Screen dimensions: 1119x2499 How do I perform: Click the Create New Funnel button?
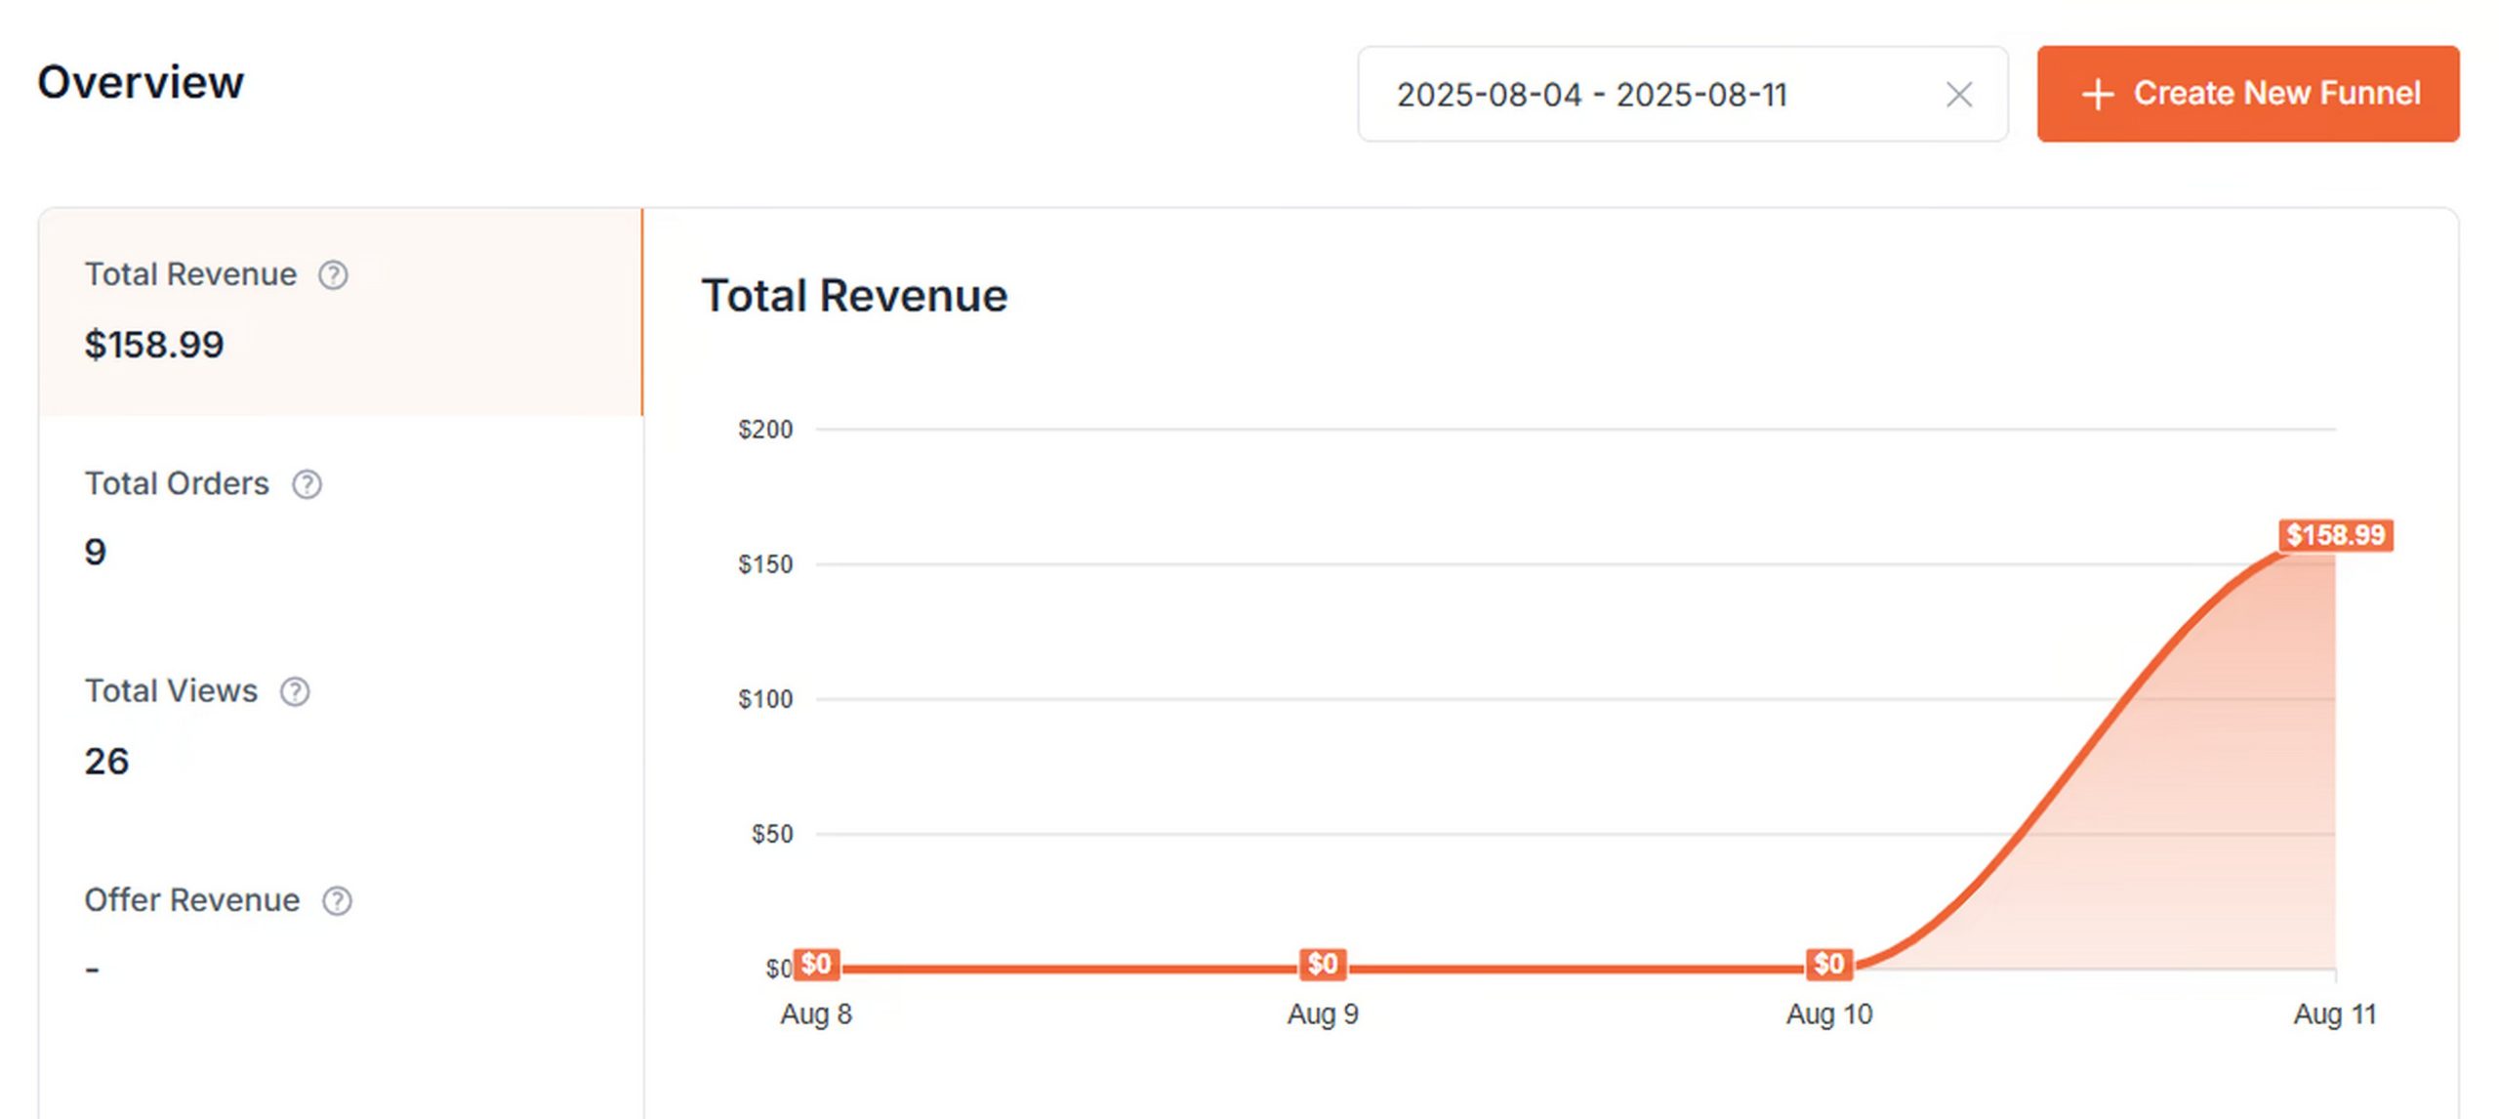point(2247,94)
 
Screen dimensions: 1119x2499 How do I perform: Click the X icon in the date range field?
point(1958,95)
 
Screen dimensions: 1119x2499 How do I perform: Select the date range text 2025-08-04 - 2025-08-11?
point(1591,95)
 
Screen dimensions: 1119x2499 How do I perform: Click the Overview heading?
point(141,82)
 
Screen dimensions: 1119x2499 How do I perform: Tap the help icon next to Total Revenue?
point(333,275)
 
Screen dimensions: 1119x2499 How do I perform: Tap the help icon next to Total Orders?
point(307,484)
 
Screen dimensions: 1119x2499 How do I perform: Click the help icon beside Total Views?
point(295,692)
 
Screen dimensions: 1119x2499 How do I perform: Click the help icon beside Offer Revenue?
point(337,901)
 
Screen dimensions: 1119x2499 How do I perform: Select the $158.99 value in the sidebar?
point(154,345)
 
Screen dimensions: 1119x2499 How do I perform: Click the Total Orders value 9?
point(95,553)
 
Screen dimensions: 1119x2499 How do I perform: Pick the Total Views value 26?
point(106,762)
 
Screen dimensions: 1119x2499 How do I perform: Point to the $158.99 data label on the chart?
point(2335,535)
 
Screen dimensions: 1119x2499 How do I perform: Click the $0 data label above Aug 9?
point(1323,964)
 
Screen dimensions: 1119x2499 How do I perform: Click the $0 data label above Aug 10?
point(1828,964)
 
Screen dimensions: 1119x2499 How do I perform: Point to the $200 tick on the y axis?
point(765,430)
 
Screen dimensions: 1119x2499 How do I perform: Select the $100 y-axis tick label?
point(765,699)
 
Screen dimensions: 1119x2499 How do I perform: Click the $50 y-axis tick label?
point(771,834)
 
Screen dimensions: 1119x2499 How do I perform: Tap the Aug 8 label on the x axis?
point(816,1015)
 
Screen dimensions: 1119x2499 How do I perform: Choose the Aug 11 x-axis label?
point(2334,1015)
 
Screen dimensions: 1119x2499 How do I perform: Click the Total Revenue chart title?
point(854,296)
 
